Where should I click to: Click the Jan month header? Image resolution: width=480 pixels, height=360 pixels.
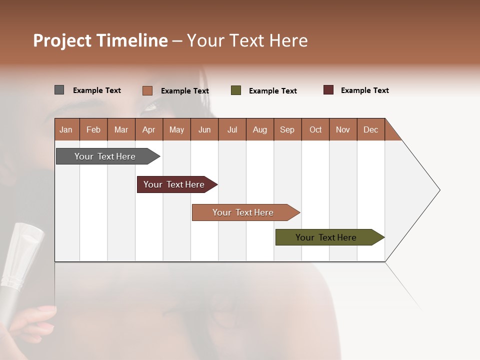66,129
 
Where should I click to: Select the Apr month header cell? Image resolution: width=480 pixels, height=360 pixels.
149,129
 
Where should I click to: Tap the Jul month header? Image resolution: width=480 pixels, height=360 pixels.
232,129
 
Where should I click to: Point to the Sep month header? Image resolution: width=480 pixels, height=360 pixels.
287,129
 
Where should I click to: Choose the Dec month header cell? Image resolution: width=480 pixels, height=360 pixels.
370,129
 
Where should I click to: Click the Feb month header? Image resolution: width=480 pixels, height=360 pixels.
93,129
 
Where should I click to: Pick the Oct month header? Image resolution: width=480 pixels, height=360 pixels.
315,129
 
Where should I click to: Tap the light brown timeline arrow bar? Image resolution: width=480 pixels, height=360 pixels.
243,212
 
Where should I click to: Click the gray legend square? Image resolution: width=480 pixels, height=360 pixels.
59,90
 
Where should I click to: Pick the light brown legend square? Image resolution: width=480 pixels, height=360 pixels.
147,90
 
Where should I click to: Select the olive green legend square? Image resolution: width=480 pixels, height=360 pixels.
236,90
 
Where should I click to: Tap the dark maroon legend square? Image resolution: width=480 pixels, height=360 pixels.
328,90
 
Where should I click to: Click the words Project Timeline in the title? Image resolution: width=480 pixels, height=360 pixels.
100,40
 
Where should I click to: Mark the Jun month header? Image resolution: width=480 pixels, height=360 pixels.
204,129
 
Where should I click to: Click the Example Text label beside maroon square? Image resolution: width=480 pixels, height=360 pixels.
364,90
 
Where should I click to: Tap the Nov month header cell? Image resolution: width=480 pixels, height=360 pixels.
343,129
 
